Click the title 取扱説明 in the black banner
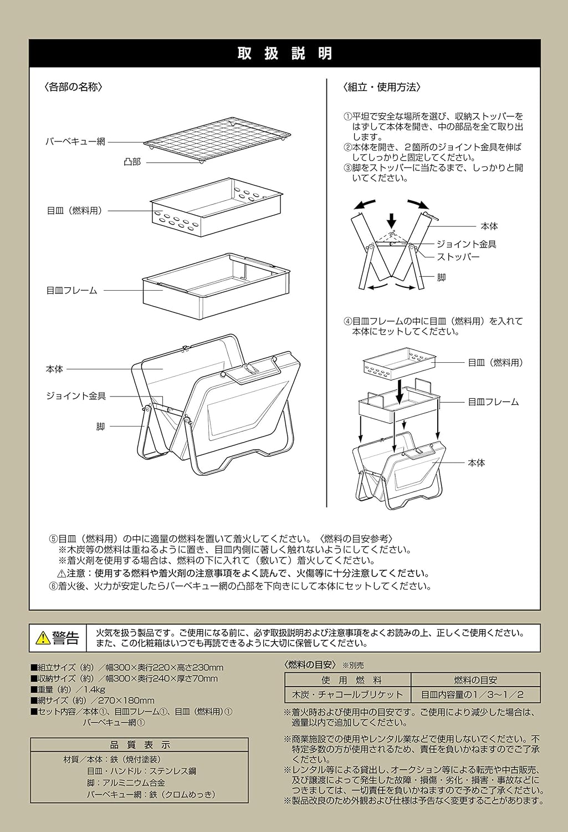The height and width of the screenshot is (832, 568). coord(284,53)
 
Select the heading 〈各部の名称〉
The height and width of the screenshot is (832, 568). coord(73,87)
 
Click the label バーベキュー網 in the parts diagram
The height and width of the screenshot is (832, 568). coord(75,142)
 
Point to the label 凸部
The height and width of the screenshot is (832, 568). coord(132,162)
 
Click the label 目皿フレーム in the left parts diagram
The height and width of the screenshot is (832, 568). coord(71,290)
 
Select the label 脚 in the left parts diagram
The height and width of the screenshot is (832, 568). coord(100,427)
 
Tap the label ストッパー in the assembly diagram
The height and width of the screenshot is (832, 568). coord(458,257)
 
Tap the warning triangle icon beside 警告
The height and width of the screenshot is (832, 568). coord(43,638)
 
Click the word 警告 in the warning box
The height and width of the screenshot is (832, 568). coord(66,638)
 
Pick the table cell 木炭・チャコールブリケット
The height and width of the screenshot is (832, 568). coord(347,694)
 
